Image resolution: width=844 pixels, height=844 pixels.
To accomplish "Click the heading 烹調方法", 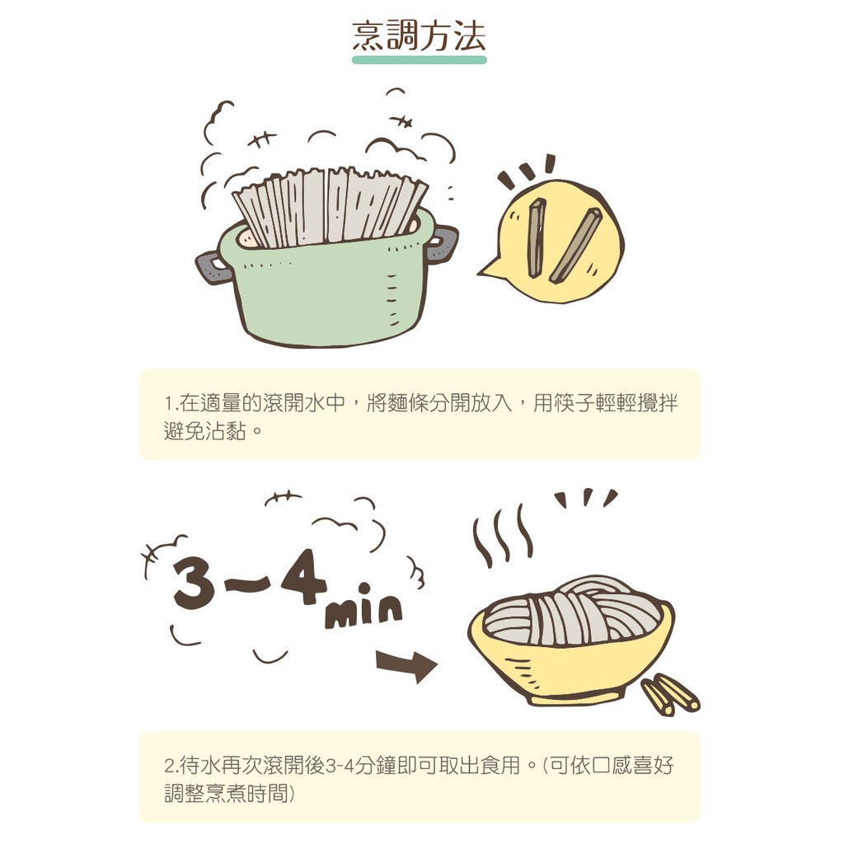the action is click(420, 36).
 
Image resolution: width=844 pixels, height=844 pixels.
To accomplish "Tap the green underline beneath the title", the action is click(420, 59).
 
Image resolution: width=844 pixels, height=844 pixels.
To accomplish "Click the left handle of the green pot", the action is click(213, 267).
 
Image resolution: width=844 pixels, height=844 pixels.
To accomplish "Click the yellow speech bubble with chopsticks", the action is click(555, 241).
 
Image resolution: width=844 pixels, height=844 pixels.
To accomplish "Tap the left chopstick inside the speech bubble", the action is click(536, 237).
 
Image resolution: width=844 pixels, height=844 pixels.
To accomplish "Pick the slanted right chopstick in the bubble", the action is click(574, 246).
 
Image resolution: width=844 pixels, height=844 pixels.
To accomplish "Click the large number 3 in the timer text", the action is click(193, 580).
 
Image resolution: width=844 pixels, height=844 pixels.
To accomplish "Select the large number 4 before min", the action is click(304, 576).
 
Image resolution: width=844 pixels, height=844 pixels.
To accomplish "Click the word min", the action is click(363, 607).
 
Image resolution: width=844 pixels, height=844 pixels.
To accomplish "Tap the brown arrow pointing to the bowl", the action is click(407, 665).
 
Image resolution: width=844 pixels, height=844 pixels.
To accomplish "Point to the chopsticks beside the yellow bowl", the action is click(670, 694).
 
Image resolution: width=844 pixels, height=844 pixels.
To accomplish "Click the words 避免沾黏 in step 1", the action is click(204, 431).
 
